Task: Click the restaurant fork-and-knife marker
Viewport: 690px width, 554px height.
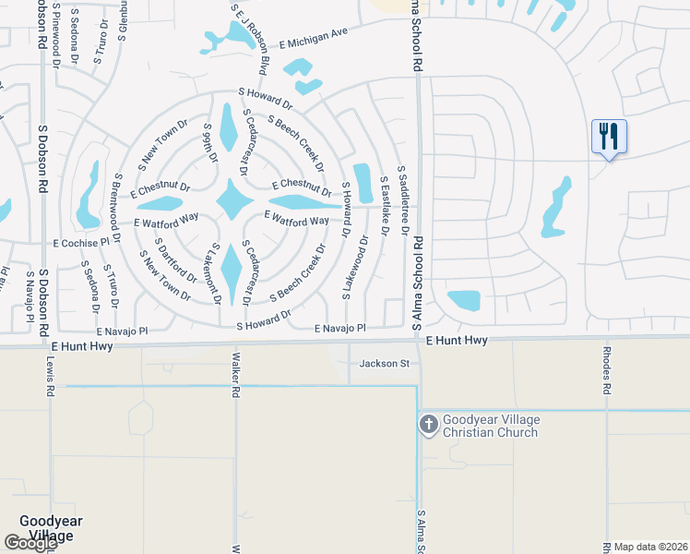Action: [x=609, y=137]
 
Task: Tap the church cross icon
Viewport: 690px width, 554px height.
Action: [x=428, y=425]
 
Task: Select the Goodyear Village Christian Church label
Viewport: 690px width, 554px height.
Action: [x=491, y=426]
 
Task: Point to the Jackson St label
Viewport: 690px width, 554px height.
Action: [x=385, y=364]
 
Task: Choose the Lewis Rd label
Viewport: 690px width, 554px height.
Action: [x=45, y=375]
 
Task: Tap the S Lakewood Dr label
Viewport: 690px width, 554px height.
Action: [x=355, y=266]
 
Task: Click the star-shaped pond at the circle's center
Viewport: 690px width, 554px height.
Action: [x=233, y=200]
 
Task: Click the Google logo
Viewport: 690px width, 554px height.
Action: [x=30, y=543]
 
